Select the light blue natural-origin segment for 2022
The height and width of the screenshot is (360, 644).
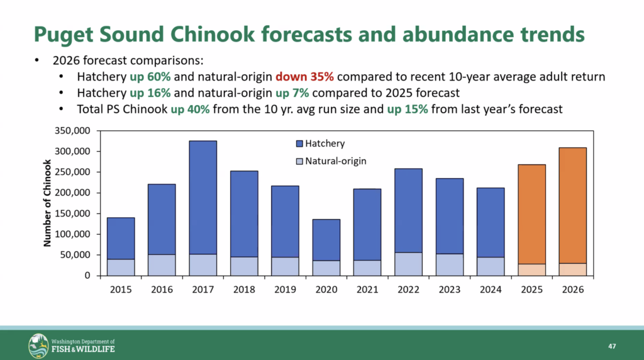coord(409,264)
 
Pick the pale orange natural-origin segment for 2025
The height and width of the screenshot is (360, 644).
coord(532,269)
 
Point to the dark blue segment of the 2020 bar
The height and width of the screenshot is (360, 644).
coord(326,240)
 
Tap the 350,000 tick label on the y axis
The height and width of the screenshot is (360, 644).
coord(73,131)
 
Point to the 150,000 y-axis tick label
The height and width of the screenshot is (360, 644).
coord(73,213)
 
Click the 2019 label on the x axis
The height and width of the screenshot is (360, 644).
coord(286,290)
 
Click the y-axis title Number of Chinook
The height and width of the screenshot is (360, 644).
coord(48,203)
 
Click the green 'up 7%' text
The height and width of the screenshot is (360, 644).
coord(291,93)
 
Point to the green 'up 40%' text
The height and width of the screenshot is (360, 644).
coord(192,109)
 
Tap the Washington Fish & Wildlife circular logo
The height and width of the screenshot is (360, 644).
coord(38,346)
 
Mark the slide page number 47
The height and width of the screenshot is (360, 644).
coord(611,347)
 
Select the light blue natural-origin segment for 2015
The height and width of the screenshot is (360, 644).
coord(121,267)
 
